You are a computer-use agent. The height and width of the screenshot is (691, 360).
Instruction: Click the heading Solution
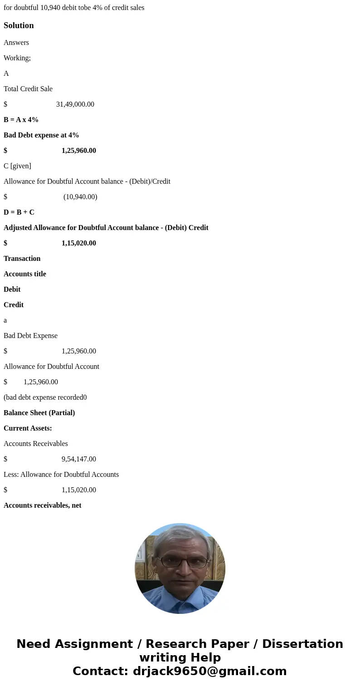(19, 25)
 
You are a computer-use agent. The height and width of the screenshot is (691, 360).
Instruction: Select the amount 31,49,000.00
(75, 104)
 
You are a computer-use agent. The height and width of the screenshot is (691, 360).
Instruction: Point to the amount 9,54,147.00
(78, 459)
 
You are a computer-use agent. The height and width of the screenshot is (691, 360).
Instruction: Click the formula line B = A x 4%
(21, 120)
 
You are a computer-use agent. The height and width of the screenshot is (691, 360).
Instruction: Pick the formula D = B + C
(19, 212)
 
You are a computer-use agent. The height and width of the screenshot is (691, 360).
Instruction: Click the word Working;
(17, 58)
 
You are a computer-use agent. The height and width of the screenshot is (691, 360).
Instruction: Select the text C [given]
(17, 166)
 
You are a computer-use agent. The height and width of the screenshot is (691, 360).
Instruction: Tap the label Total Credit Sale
(28, 89)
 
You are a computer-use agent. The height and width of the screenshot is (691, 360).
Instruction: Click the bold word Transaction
(22, 259)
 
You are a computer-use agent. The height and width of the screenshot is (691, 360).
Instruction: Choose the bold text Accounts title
(25, 274)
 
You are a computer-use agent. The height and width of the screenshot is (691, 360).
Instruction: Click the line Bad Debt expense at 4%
(41, 135)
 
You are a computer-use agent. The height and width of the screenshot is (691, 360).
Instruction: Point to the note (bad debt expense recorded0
(45, 397)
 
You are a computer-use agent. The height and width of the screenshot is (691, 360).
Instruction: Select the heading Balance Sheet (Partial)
(39, 413)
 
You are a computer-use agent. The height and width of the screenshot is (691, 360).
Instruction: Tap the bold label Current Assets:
(28, 428)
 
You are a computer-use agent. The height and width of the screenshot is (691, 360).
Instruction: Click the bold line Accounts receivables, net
(43, 505)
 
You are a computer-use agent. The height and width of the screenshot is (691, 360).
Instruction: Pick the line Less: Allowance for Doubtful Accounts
(61, 475)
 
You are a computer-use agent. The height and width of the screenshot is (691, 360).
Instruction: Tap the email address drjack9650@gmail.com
(209, 671)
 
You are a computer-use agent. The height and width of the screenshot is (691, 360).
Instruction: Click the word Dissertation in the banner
(302, 644)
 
